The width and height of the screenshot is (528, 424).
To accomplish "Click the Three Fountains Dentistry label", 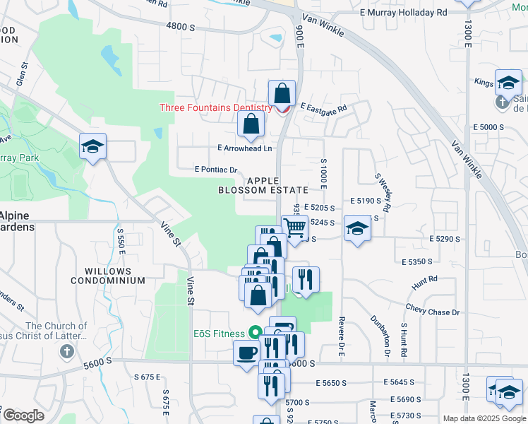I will click(x=216, y=108).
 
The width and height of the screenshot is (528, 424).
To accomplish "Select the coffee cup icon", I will click(x=246, y=352).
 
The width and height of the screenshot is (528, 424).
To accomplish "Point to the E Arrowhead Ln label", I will click(x=244, y=148).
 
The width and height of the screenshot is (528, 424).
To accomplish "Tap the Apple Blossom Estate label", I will click(x=263, y=186).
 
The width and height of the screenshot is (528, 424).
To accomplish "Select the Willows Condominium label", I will click(x=108, y=276).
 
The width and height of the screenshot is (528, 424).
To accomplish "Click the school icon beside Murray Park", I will click(x=92, y=147).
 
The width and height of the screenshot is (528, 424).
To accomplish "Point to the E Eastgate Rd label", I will click(x=324, y=109).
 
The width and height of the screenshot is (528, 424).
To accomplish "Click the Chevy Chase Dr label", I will click(x=432, y=312).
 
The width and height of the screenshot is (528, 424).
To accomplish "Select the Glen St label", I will click(x=24, y=74).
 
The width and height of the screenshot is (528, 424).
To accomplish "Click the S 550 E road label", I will click(x=121, y=242).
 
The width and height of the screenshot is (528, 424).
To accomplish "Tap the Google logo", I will click(x=23, y=416).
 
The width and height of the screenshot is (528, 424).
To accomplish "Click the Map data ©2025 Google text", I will click(x=484, y=418).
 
